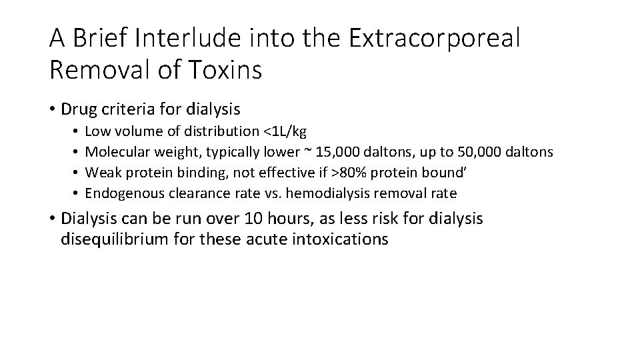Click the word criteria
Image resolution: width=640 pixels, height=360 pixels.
tap(127, 108)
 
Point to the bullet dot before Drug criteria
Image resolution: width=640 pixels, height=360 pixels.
tap(53, 109)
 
